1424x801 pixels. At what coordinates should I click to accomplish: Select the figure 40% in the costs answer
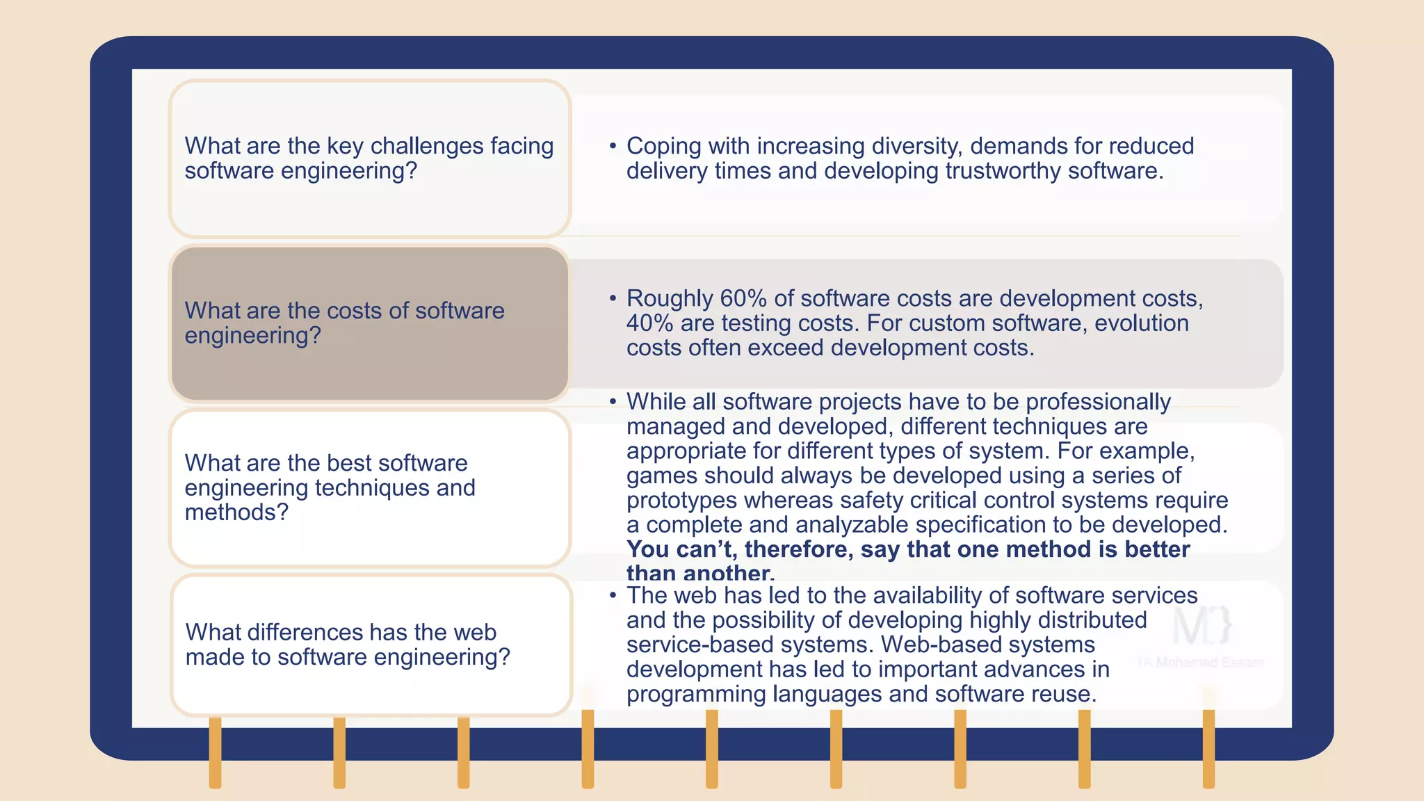click(649, 323)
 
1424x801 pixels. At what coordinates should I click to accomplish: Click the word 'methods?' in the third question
click(236, 512)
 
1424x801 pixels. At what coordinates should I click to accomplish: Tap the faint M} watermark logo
click(1202, 625)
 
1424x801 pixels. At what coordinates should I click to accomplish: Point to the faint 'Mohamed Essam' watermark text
click(1209, 663)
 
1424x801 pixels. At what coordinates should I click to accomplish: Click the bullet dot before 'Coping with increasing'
click(613, 146)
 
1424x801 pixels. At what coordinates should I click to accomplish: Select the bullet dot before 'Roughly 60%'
click(613, 298)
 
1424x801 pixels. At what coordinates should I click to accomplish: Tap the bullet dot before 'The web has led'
click(613, 595)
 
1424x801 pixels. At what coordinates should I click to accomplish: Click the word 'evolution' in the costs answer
click(1142, 323)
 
